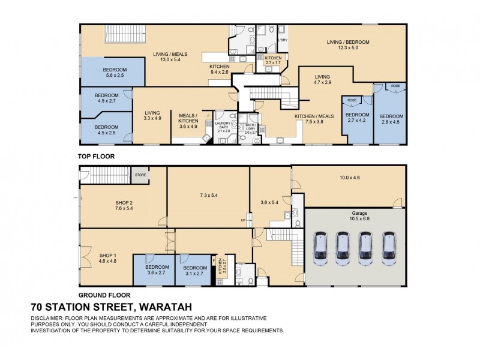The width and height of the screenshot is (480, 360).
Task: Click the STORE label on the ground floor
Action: pos(140,175)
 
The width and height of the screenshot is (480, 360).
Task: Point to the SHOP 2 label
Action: pos(124,206)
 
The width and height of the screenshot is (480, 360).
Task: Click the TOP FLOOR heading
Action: pos(96,156)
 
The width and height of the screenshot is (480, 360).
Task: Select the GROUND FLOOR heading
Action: pos(104,295)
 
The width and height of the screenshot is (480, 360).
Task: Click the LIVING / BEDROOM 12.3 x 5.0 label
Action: pos(347,45)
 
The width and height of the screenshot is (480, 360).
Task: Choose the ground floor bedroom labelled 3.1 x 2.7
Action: pos(195,271)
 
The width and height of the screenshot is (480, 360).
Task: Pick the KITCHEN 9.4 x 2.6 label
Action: pos(219,69)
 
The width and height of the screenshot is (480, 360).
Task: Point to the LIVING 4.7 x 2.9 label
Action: pos(323,80)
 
